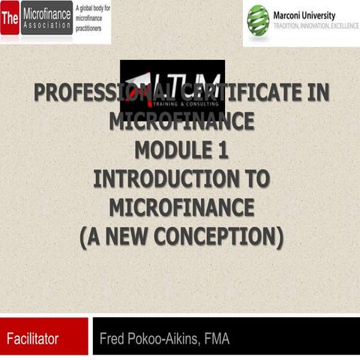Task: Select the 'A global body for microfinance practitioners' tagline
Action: (93, 17)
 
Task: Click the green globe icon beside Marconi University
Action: (259, 17)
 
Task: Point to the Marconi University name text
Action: (304, 11)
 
